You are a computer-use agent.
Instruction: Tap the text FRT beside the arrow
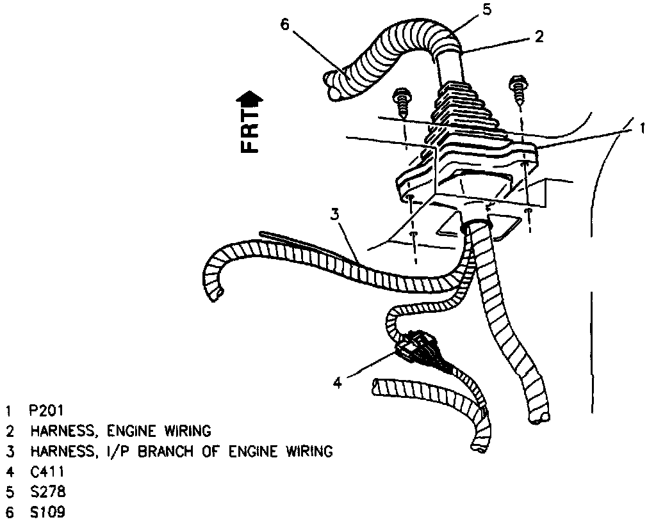point(249,132)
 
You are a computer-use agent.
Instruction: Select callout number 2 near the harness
point(539,37)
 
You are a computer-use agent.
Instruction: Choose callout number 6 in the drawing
point(285,24)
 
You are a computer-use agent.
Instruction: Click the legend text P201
point(46,410)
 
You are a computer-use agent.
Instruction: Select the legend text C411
point(47,471)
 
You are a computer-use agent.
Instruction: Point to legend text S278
point(47,492)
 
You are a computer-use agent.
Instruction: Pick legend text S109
point(47,512)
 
